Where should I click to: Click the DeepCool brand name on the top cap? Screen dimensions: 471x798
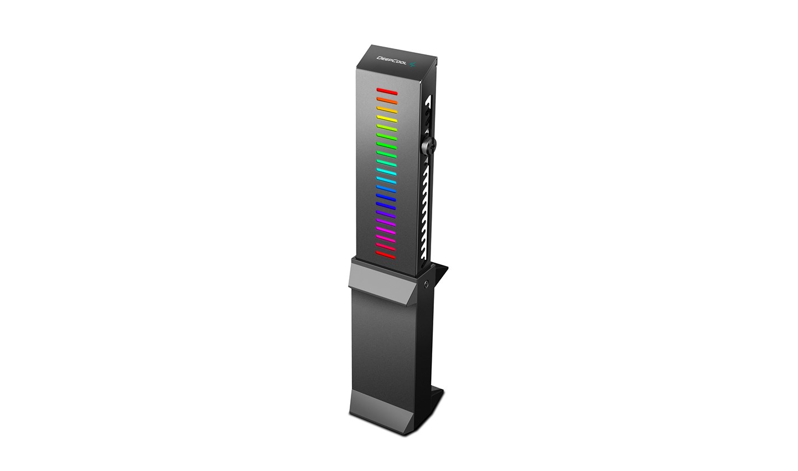(x=392, y=60)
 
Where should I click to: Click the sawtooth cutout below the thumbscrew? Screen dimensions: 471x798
(x=427, y=211)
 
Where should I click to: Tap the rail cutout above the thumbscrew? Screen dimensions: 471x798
(x=427, y=114)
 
